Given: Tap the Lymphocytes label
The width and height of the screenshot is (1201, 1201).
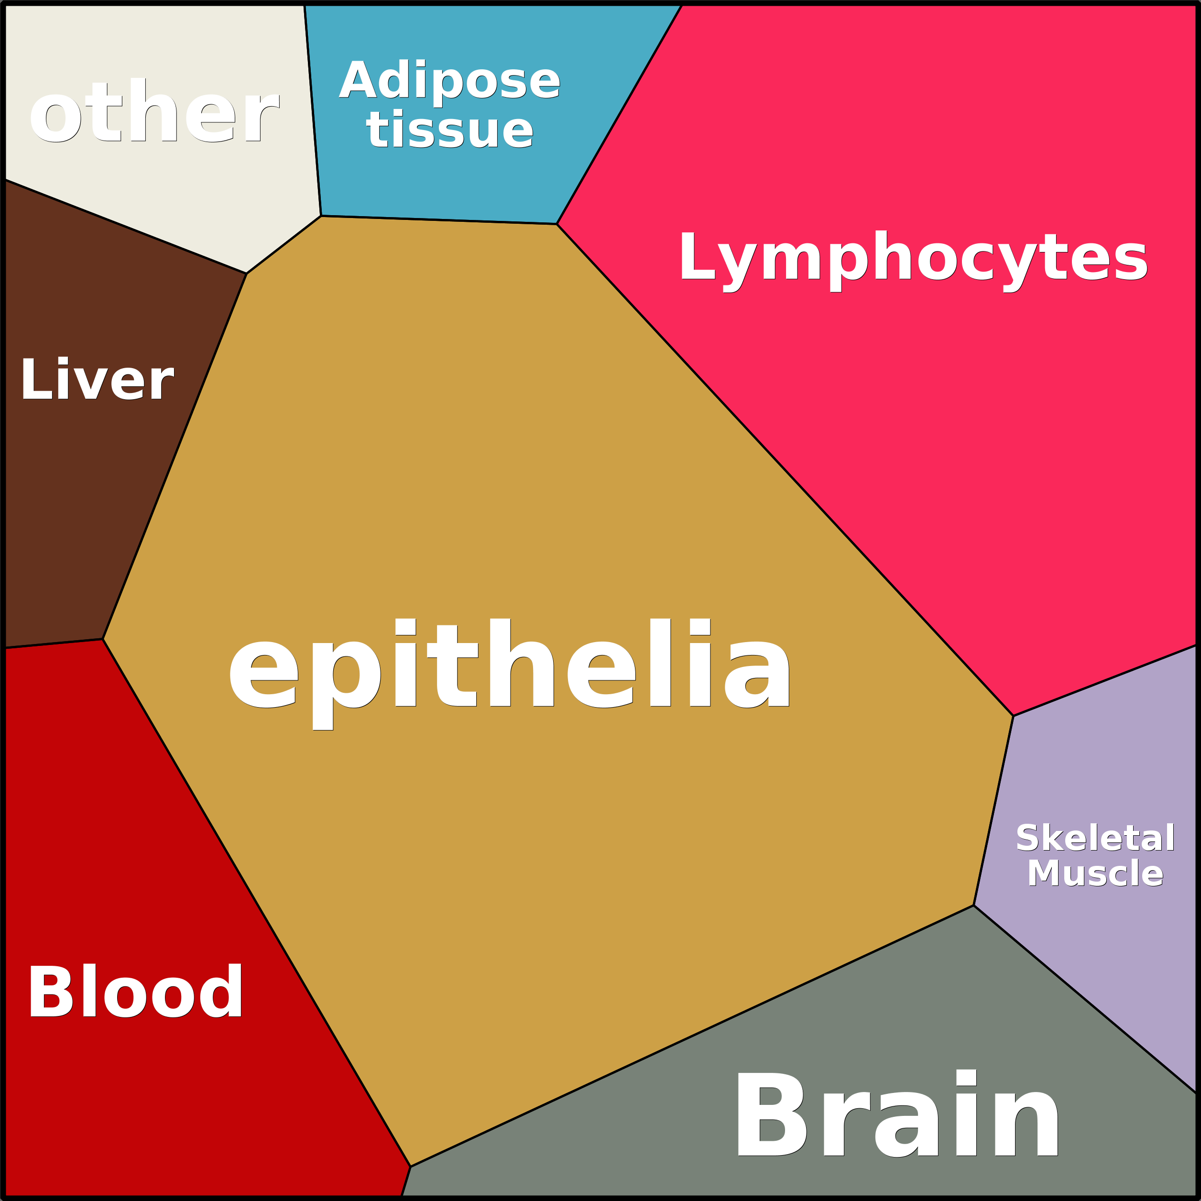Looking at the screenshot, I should (x=913, y=257).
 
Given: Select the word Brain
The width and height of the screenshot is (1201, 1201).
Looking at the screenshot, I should (x=897, y=1116).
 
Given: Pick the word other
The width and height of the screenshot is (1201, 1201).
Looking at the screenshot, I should (x=153, y=112).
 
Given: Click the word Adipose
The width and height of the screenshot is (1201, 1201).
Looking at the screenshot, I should (x=449, y=81).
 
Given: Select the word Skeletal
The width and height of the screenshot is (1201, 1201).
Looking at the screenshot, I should (x=1095, y=839).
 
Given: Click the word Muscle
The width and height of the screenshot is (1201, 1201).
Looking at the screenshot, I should (x=1095, y=873).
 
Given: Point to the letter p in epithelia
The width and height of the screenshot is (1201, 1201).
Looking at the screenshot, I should (x=356, y=675).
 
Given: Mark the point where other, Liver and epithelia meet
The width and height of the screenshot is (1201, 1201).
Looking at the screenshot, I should (x=247, y=273).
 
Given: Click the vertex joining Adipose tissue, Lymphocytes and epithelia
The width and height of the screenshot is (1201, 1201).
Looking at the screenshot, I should (x=557, y=224).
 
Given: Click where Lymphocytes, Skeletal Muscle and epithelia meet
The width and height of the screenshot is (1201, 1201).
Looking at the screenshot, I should (x=1013, y=716).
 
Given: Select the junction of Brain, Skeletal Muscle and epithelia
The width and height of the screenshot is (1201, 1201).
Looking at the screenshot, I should (x=973, y=906).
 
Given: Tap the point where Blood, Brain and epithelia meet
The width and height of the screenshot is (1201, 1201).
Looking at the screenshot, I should (x=410, y=1167).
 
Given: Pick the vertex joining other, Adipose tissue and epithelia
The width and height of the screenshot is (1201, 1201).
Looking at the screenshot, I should (x=321, y=216).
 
